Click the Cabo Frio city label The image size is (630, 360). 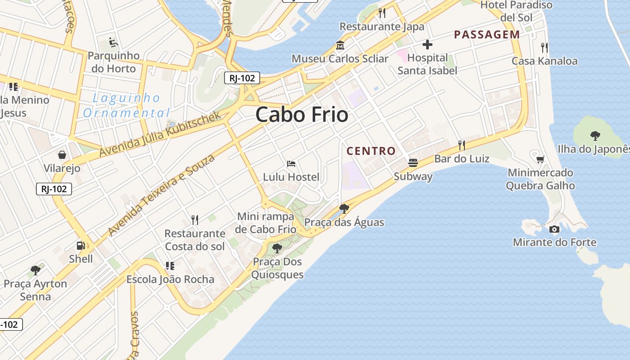302,115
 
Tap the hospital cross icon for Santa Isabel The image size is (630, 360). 427,45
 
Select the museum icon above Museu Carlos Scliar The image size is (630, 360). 340,45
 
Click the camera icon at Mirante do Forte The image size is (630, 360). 554,229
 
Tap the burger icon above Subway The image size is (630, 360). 413,163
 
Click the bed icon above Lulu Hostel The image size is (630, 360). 291,164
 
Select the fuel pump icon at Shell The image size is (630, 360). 81,246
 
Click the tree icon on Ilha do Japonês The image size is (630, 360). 595,135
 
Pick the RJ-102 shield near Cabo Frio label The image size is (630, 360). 242,78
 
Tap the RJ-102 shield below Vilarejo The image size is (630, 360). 54,189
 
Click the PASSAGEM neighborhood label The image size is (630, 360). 487,35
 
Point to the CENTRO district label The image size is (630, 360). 371,151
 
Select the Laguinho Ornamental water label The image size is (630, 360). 126,105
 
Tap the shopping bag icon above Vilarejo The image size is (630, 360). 62,155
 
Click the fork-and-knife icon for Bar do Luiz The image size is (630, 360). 461,145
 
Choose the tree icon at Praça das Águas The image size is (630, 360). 344,208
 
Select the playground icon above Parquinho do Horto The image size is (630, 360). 113,43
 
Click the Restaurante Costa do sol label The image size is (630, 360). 195,240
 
